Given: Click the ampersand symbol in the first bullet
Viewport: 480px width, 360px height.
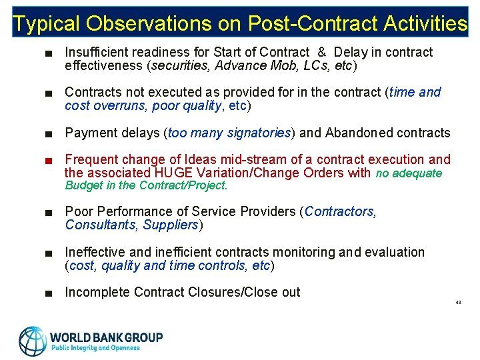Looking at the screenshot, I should click(x=321, y=52).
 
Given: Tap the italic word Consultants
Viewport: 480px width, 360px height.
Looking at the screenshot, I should click(x=101, y=225).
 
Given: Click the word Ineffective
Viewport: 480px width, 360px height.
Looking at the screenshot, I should click(x=95, y=252).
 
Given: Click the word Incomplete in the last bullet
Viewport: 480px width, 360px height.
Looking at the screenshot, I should click(x=97, y=292).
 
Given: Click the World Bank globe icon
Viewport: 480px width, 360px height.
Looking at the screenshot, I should click(x=33, y=340).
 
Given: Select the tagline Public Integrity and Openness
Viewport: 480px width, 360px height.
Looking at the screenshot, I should click(x=95, y=347).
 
